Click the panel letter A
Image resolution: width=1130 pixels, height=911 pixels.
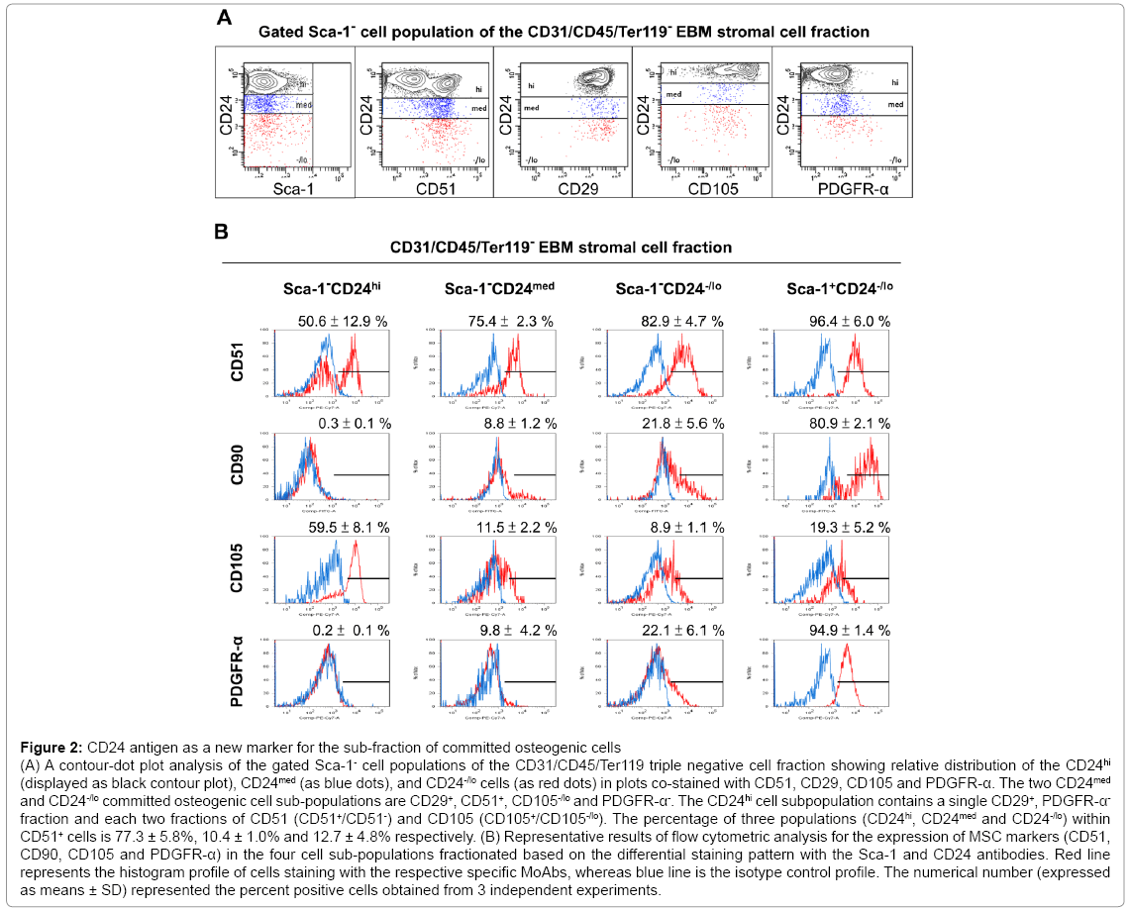pyautogui.click(x=225, y=17)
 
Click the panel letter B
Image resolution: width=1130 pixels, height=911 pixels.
pyautogui.click(x=223, y=232)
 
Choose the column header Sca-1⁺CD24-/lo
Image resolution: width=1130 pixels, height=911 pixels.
pyautogui.click(x=839, y=289)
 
